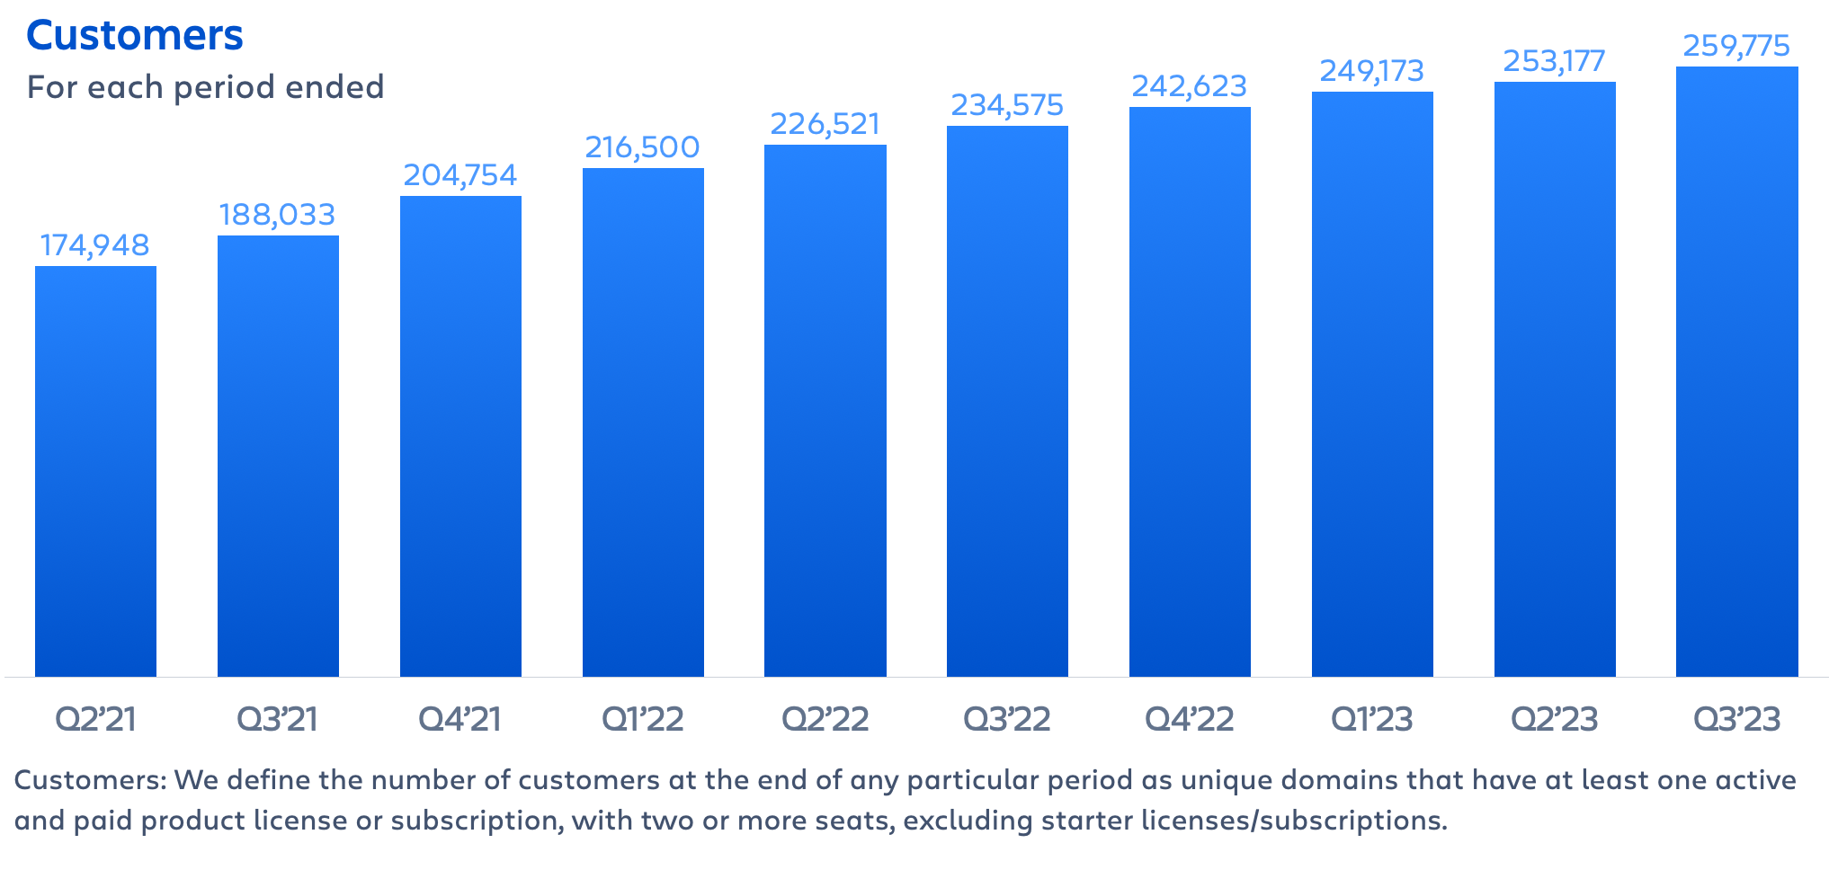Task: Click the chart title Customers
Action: pos(135,36)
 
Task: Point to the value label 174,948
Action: pos(95,245)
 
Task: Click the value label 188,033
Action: pos(277,215)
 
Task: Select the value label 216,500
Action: pos(642,147)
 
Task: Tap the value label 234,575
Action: pos(1007,105)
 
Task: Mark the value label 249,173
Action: pos(1371,71)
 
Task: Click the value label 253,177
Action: pos(1554,61)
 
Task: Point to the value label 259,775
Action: pos(1736,46)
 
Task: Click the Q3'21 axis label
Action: pos(277,719)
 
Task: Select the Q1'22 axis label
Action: pos(642,719)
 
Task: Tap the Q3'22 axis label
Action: pos(1007,719)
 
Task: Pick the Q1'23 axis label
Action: pos(1371,719)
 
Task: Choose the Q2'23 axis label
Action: pos(1554,719)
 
